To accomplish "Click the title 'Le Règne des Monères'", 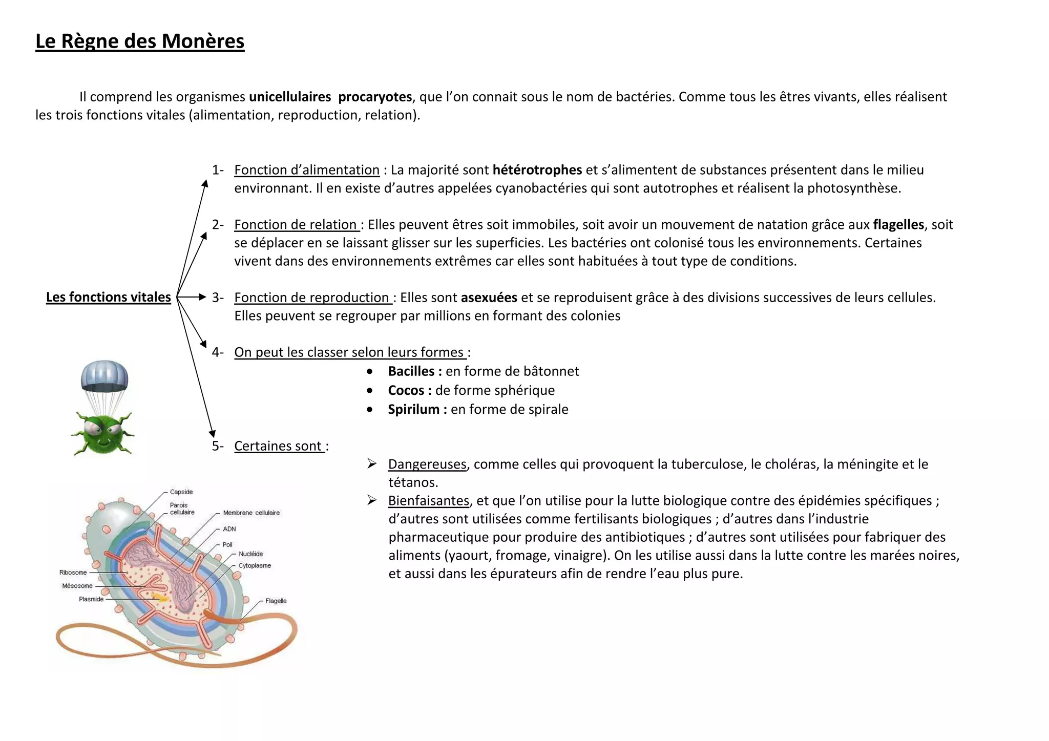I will [x=140, y=41].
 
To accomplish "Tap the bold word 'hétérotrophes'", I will [x=537, y=170].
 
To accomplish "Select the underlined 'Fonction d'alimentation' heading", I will [x=307, y=170].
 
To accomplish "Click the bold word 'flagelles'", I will [x=898, y=225].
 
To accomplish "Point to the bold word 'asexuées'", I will [x=489, y=298].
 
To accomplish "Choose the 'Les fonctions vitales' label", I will [x=109, y=297].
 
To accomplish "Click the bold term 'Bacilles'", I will [x=411, y=371].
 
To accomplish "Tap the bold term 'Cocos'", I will [x=406, y=390].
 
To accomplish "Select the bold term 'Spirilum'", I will [x=413, y=409].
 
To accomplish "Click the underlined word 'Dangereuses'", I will [x=427, y=464].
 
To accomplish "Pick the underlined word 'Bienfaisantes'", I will [x=429, y=501].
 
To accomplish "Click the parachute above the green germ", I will [x=104, y=375].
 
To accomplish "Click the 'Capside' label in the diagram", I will [x=181, y=492].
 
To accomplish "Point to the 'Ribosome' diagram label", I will [x=73, y=573].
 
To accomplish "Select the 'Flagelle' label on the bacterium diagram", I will [x=276, y=601].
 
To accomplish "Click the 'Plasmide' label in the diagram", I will [x=91, y=599].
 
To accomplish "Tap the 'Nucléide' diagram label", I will [x=251, y=554].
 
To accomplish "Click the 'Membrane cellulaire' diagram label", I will [x=251, y=513].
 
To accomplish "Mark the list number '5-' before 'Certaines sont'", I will [x=218, y=446].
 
